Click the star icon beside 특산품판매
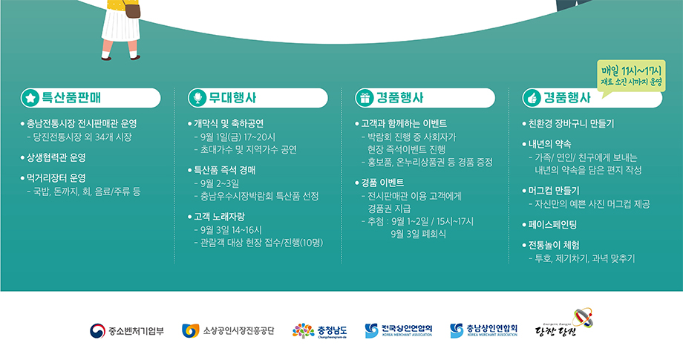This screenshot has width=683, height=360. (x=30, y=98)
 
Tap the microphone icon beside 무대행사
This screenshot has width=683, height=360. (x=197, y=98)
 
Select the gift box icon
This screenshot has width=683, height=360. (x=365, y=98)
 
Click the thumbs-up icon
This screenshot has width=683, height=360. (x=532, y=98)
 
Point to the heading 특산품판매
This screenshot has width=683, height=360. (x=71, y=97)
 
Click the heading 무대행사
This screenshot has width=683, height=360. (x=232, y=97)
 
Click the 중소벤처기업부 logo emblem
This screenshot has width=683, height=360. (x=97, y=331)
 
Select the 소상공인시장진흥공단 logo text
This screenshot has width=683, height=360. (x=239, y=331)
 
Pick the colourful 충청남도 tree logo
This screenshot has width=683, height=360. (x=303, y=331)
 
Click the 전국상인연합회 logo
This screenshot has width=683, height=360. (x=399, y=330)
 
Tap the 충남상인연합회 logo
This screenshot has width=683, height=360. (x=483, y=330)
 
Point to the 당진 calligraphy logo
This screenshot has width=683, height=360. (x=564, y=324)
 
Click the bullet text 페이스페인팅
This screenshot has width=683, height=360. (x=552, y=225)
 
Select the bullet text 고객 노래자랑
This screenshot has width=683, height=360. (x=219, y=216)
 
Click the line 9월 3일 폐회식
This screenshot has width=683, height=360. (x=418, y=235)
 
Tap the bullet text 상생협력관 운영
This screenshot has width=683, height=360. (x=56, y=157)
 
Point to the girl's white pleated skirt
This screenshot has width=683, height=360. (x=121, y=24)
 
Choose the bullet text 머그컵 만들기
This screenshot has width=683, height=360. (x=554, y=191)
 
